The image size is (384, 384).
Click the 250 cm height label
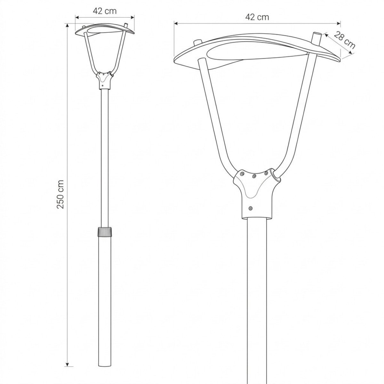point(60,194)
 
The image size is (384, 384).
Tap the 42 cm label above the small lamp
point(105,11)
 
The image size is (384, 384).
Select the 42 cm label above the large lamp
point(257,17)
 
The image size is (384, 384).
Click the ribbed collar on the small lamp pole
point(104,232)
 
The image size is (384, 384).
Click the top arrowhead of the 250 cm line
point(67,25)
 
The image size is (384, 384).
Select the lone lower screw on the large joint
point(251,208)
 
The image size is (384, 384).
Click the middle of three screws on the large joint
point(254,176)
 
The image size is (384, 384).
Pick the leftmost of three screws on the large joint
point(242,173)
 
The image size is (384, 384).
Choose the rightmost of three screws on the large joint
point(266,173)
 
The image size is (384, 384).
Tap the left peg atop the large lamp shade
point(196,42)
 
